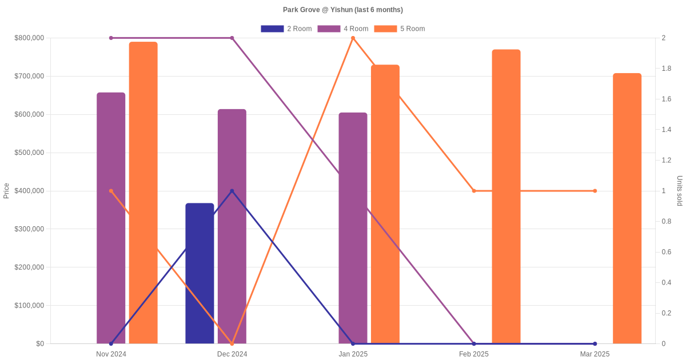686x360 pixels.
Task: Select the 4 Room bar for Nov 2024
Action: (111, 218)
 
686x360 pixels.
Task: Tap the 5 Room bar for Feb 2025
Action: (506, 197)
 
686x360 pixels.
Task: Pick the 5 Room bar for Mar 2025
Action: (627, 209)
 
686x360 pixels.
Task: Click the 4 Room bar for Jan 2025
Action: (353, 228)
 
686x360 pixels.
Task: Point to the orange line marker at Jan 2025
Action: (353, 38)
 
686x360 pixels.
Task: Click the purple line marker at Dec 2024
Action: (232, 38)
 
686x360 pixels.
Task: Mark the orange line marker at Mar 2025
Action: (595, 191)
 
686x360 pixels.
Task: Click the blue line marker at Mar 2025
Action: (595, 343)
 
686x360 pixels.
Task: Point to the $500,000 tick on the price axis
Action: (29, 153)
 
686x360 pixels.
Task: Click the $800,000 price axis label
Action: (29, 38)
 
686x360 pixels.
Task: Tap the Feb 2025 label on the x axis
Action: (474, 354)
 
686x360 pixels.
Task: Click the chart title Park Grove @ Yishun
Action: (343, 10)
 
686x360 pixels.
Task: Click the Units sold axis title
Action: (680, 191)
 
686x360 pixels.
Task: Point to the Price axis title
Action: (6, 191)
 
